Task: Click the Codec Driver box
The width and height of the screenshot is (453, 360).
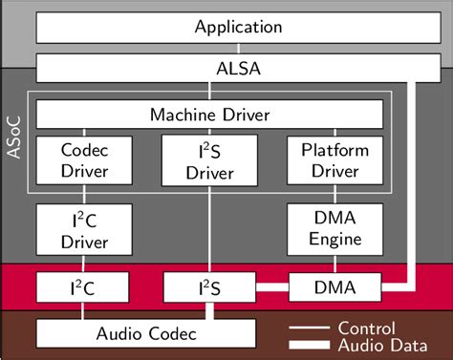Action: [84, 160]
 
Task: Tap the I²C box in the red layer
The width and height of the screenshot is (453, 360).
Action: [84, 286]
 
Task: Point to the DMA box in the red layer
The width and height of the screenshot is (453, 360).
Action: [335, 286]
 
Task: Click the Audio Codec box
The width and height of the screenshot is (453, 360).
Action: [146, 333]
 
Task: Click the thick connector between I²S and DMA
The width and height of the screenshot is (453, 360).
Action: [272, 286]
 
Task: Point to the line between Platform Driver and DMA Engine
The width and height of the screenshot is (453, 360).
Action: [335, 195]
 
